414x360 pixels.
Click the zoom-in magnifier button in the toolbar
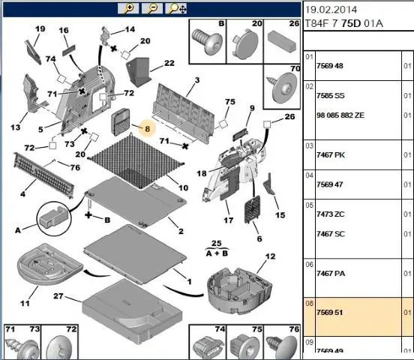(x=128, y=8)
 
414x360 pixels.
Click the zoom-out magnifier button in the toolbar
(x=152, y=8)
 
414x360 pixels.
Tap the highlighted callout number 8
(x=147, y=129)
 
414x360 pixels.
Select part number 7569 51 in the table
(x=330, y=313)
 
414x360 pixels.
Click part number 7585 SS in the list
(x=331, y=95)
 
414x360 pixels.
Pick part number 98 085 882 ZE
(x=340, y=115)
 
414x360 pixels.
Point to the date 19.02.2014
(x=331, y=10)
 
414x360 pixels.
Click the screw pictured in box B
(x=207, y=40)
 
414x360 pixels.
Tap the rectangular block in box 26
(x=282, y=41)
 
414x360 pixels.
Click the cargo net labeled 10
(x=136, y=161)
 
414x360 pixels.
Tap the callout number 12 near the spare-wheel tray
(x=270, y=256)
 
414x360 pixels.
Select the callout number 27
(x=58, y=296)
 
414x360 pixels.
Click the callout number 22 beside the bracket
(x=169, y=63)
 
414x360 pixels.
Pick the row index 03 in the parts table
(x=309, y=146)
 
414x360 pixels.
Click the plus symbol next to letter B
(x=88, y=215)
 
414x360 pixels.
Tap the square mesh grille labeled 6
(x=252, y=209)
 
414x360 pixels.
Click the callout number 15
(x=280, y=215)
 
